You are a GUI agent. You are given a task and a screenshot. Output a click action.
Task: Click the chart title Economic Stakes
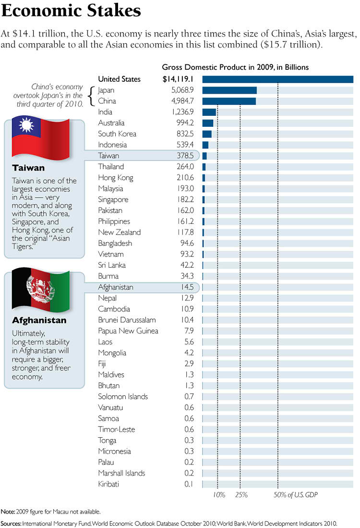72,11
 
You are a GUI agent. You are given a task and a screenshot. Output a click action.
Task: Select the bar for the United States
277,79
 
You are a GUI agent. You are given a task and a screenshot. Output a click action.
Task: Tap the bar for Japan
229,90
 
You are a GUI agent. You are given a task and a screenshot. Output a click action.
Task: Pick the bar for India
209,112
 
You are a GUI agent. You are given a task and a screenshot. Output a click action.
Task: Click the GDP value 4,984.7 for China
181,101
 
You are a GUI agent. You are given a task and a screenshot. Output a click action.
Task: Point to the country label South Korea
117,134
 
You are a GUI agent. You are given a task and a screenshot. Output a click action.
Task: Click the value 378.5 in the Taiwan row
185,156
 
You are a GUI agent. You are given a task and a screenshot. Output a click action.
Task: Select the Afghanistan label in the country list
115,287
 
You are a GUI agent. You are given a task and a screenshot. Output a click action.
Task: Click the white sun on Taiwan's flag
26,126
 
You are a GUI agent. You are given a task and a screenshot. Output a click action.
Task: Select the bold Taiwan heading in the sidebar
28,168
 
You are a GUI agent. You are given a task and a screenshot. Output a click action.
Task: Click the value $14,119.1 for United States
178,79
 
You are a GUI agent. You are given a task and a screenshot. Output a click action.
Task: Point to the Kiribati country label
108,484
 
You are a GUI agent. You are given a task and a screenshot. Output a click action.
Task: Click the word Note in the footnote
7,512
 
